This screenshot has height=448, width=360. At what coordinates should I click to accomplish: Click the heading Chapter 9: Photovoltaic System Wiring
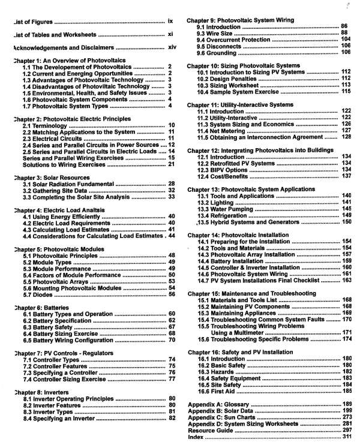point(240,20)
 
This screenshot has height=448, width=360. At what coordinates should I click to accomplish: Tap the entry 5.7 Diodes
point(40,294)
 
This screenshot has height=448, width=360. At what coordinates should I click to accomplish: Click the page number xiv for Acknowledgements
point(172,46)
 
